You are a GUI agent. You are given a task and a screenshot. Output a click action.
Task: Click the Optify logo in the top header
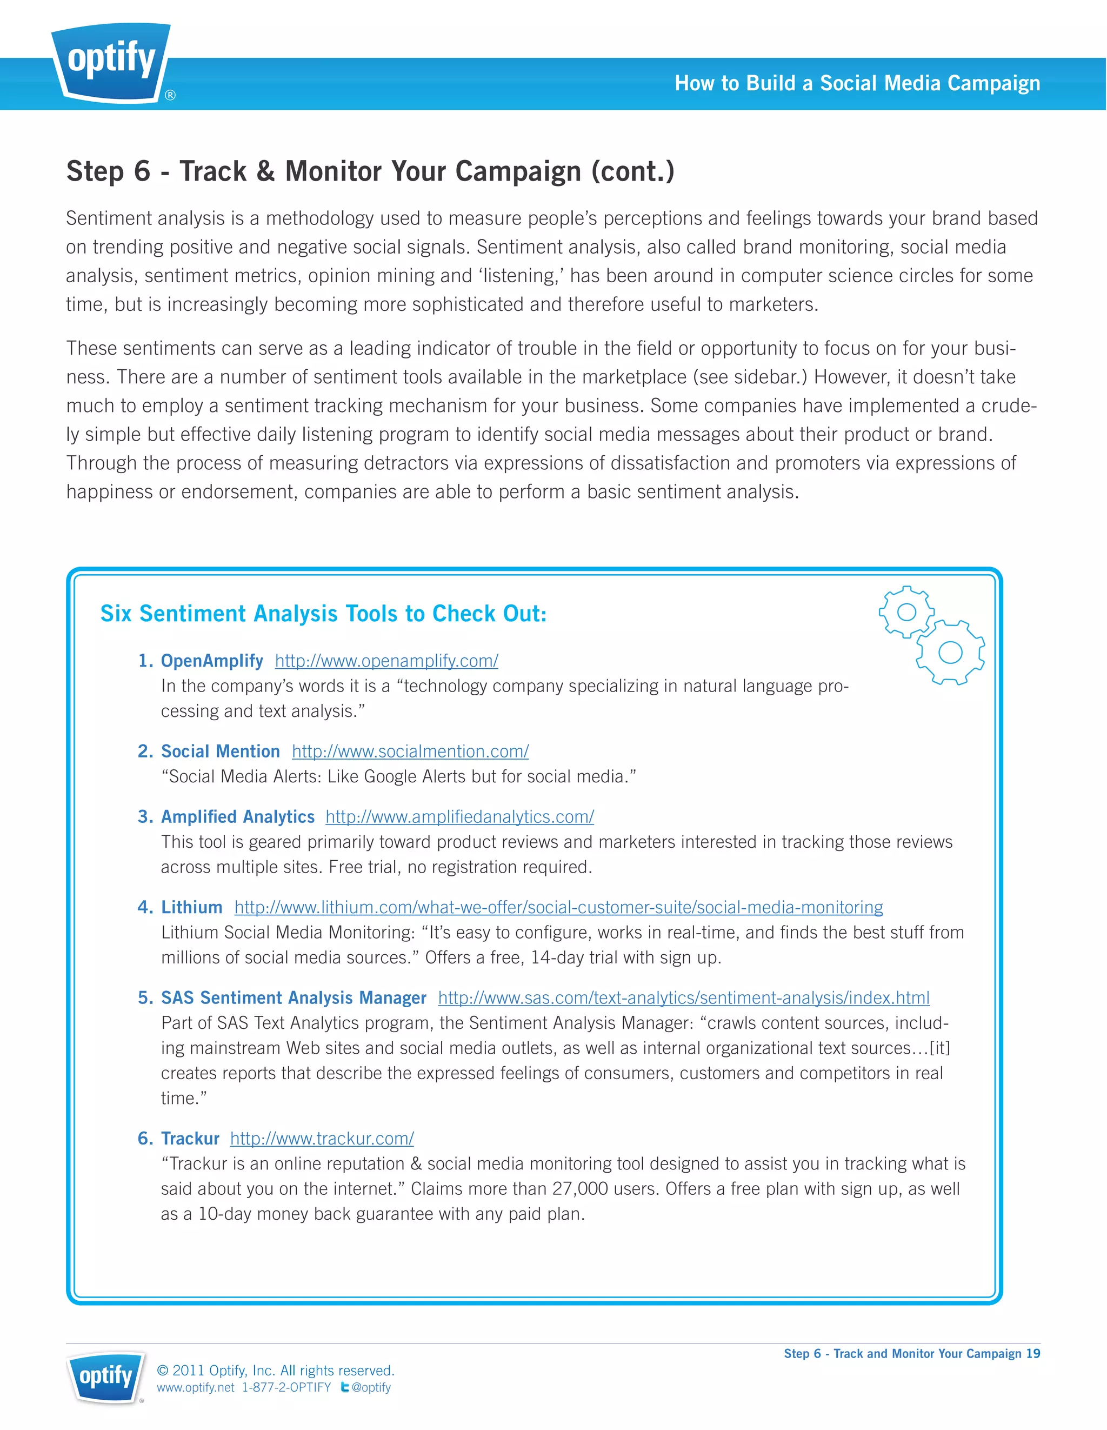coord(111,62)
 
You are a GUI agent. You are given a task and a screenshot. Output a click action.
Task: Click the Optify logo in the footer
coord(106,1376)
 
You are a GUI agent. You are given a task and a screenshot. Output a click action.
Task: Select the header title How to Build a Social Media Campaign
coord(857,83)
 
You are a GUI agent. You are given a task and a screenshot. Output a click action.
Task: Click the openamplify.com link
coord(386,661)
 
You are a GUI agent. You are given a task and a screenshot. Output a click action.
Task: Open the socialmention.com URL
coord(410,751)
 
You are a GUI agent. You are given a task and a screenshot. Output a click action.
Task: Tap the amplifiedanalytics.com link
coord(459,816)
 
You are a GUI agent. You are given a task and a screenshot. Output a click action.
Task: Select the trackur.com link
coord(322,1138)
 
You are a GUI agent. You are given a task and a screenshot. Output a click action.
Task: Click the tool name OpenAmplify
coord(212,661)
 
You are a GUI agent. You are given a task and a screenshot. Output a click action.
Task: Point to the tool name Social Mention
coord(220,751)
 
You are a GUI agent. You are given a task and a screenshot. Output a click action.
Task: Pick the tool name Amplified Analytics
coord(238,816)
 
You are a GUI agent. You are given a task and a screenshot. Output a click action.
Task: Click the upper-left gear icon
coord(906,612)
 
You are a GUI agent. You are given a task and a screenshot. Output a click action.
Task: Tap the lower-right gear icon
coord(950,652)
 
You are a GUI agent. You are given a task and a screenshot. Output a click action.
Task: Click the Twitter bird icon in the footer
coord(344,1387)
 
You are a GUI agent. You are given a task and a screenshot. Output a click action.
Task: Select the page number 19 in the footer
coord(1033,1353)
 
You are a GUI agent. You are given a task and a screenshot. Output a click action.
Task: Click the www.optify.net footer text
coord(195,1387)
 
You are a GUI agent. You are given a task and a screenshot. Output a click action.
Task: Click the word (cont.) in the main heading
coord(632,171)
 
